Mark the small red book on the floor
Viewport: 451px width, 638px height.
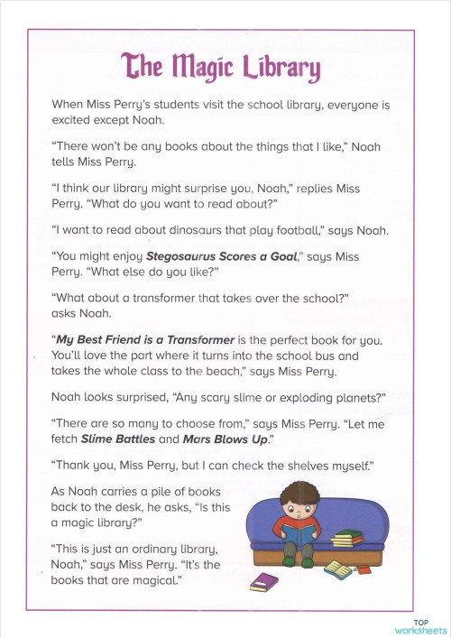click(x=364, y=569)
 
